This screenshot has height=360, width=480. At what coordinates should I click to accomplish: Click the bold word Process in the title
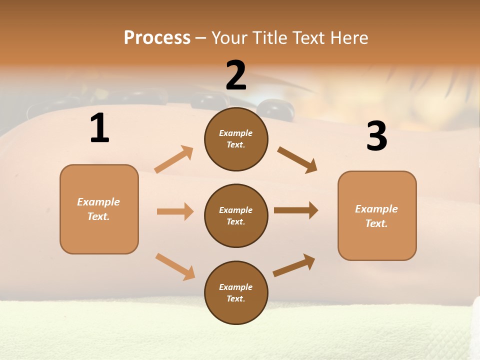tap(157, 37)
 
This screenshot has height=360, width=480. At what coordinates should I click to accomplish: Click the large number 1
tap(99, 128)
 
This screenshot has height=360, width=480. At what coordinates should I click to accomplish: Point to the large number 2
tap(236, 75)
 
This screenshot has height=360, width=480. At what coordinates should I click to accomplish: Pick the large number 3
tap(376, 136)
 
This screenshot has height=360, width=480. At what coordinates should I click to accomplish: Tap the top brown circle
tap(236, 139)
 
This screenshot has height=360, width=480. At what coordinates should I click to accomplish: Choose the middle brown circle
tap(236, 215)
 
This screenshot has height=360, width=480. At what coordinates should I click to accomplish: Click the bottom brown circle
tap(236, 292)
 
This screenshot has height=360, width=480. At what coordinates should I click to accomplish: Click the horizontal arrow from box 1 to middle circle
tap(175, 211)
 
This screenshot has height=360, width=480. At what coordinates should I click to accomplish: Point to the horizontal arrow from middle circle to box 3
tap(296, 210)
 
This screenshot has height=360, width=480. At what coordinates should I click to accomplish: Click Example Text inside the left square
tap(98, 209)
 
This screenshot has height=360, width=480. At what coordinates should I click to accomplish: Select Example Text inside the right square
tap(376, 216)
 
